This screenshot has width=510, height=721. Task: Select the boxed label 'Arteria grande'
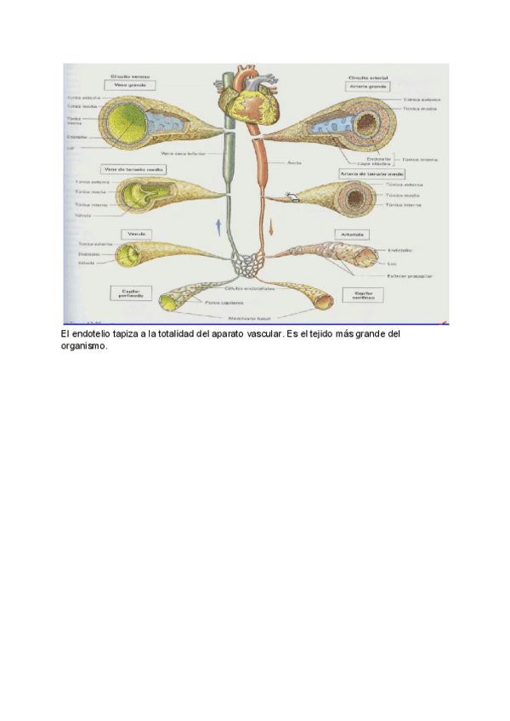367,86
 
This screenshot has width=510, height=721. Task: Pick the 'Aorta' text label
291,161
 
